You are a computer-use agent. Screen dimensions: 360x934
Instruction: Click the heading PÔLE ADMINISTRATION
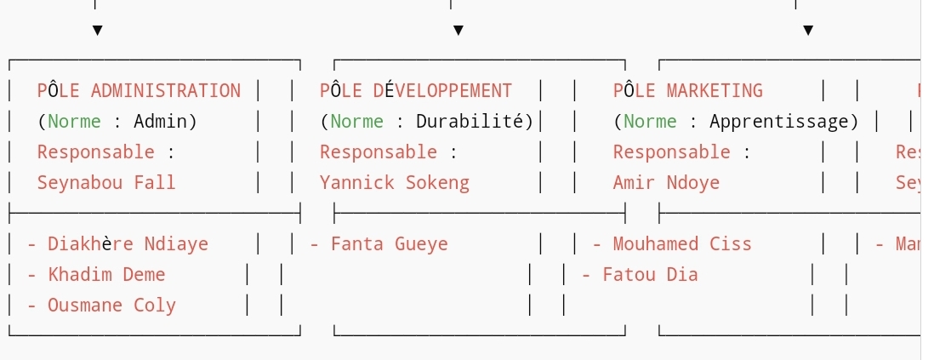pyautogui.click(x=139, y=91)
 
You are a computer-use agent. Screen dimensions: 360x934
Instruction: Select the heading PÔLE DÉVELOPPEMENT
pyautogui.click(x=416, y=91)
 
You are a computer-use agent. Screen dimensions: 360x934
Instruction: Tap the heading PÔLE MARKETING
pyautogui.click(x=687, y=91)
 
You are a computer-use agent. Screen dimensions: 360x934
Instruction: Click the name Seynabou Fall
pyautogui.click(x=106, y=183)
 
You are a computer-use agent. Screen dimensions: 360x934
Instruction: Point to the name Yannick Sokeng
pyautogui.click(x=394, y=183)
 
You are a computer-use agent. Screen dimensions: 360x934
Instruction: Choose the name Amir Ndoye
pyautogui.click(x=666, y=183)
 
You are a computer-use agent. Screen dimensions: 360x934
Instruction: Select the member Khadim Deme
pyautogui.click(x=106, y=275)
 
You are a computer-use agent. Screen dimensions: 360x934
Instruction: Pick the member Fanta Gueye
pyautogui.click(x=389, y=244)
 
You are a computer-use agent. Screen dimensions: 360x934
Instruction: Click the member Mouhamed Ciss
pyautogui.click(x=682, y=244)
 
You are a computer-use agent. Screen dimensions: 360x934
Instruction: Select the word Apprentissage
pyautogui.click(x=778, y=122)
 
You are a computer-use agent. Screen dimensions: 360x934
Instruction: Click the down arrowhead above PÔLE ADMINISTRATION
pyautogui.click(x=97, y=31)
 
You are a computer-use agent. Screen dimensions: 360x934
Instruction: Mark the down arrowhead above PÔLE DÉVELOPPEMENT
pyautogui.click(x=458, y=31)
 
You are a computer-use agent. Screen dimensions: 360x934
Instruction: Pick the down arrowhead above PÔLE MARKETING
pyautogui.click(x=808, y=31)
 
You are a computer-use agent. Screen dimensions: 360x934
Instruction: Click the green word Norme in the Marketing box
pyautogui.click(x=650, y=122)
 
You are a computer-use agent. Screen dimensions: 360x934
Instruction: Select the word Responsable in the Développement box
pyautogui.click(x=378, y=152)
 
